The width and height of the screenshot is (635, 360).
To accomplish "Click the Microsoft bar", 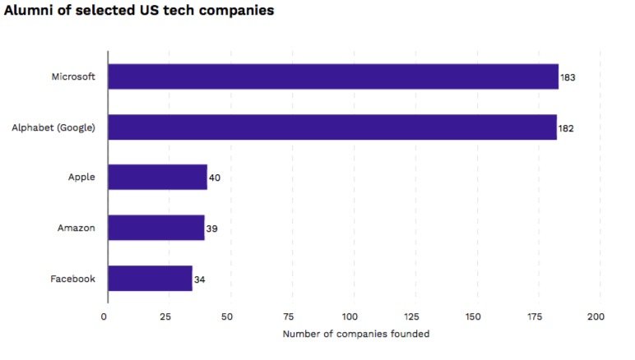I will pyautogui.click(x=333, y=76).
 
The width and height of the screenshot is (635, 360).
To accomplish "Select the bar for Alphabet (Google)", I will pyautogui.click(x=332, y=127).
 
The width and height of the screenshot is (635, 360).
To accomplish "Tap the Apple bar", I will pyautogui.click(x=157, y=177).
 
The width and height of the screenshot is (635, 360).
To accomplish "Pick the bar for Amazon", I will pyautogui.click(x=156, y=228).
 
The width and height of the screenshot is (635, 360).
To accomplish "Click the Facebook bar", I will pyautogui.click(x=151, y=279).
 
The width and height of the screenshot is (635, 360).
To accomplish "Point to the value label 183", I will pyautogui.click(x=568, y=77).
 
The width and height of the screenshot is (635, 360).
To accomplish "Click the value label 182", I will pyautogui.click(x=566, y=128).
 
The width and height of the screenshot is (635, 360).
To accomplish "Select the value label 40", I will pyautogui.click(x=215, y=178).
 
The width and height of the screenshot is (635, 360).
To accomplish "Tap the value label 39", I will pyautogui.click(x=211, y=228).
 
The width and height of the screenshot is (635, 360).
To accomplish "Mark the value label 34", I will pyautogui.click(x=200, y=279).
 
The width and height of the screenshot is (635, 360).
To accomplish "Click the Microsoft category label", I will pyautogui.click(x=73, y=76).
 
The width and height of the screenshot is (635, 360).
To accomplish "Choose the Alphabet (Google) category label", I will pyautogui.click(x=53, y=127).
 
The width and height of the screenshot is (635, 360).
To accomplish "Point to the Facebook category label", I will pyautogui.click(x=72, y=279).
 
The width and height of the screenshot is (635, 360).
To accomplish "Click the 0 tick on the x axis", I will pyautogui.click(x=104, y=316).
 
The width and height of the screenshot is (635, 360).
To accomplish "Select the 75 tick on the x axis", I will pyautogui.click(x=288, y=316).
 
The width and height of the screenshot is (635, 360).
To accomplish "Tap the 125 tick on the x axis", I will pyautogui.click(x=411, y=316).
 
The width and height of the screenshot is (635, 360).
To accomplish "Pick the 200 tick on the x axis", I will pyautogui.click(x=596, y=316).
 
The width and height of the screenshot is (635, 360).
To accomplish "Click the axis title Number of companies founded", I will pyautogui.click(x=355, y=334).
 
